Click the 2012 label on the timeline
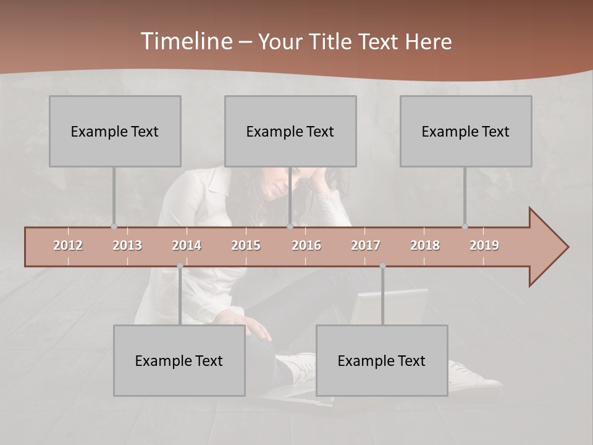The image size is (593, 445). tap(68, 245)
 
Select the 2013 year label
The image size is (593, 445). tap(127, 245)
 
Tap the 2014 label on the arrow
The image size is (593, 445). tap(187, 245)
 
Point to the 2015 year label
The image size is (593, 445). tap(246, 245)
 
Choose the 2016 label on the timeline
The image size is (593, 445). tap(306, 245)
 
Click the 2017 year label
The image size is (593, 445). tap(366, 245)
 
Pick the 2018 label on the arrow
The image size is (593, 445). tap(425, 245)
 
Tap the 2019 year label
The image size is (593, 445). tap(484, 245)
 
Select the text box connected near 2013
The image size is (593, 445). tap(115, 131)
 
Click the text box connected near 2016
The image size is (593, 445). tap(290, 131)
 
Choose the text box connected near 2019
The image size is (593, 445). tap(466, 131)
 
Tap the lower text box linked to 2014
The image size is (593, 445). tap(179, 360)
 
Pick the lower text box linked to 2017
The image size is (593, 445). tap(382, 360)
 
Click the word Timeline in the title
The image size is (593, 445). tap(185, 41)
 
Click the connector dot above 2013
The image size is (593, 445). tap(114, 226)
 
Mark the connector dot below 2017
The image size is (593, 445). tap(382, 266)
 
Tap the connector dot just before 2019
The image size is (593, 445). tap(465, 226)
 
